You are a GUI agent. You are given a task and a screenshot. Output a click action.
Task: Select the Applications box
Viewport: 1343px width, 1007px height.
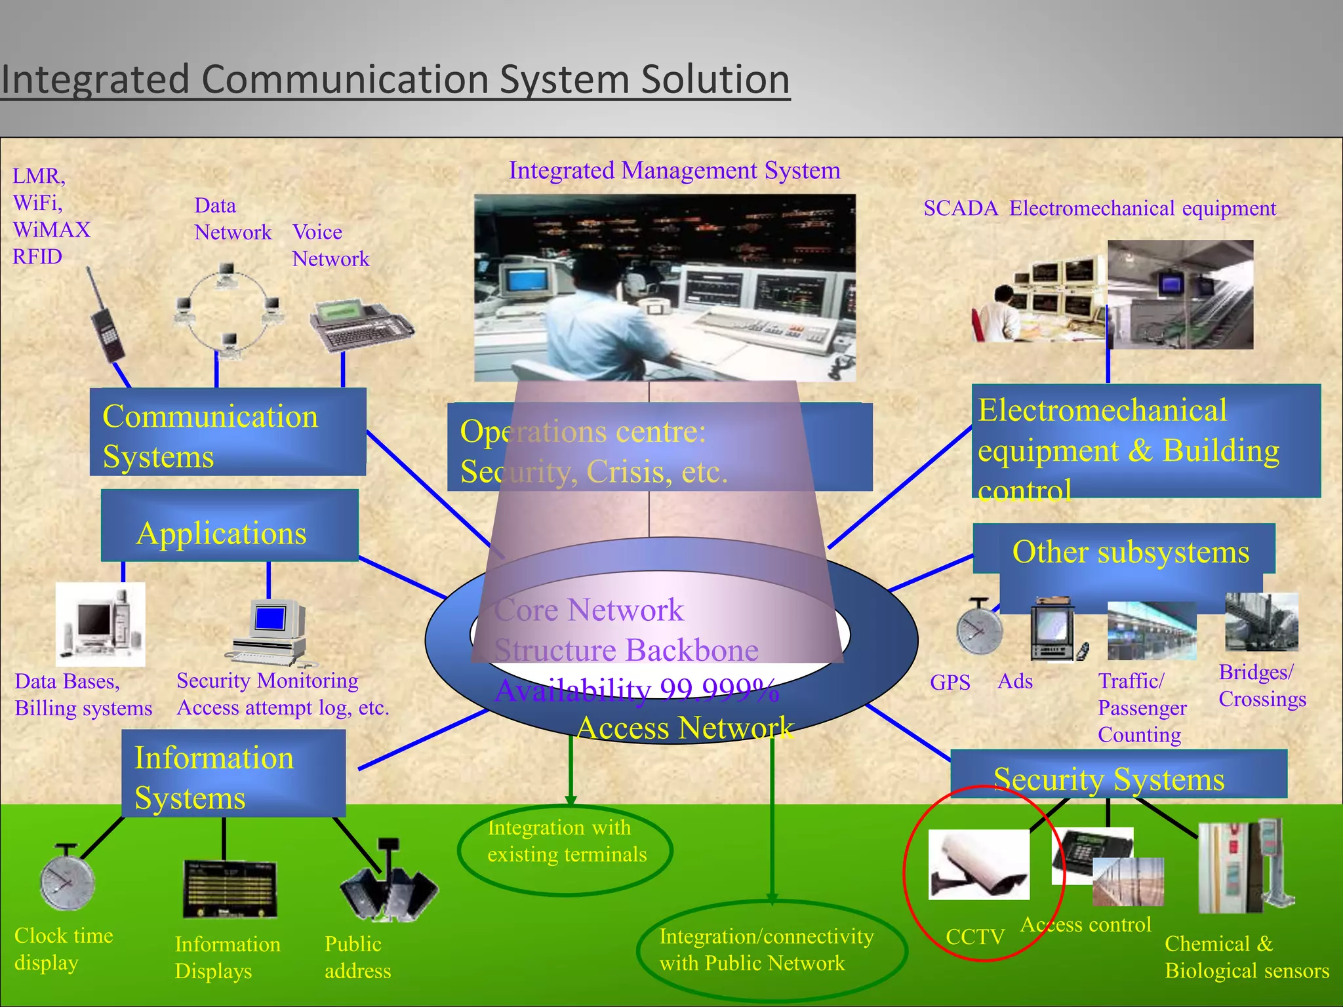230,526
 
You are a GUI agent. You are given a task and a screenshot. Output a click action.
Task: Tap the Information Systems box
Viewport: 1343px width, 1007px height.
233,774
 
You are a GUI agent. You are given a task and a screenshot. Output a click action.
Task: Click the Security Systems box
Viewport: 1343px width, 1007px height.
1118,774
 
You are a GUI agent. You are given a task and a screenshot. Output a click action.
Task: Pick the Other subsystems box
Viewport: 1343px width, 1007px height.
1123,549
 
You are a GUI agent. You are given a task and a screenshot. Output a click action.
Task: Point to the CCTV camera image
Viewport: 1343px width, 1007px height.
978,864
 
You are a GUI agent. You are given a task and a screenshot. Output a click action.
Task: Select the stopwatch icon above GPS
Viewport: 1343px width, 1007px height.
979,628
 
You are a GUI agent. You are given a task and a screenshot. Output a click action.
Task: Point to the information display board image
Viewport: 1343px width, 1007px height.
230,890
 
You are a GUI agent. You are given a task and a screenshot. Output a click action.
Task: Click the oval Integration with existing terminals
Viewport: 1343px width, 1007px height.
565,850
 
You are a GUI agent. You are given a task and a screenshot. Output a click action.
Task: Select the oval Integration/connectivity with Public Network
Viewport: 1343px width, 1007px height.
772,951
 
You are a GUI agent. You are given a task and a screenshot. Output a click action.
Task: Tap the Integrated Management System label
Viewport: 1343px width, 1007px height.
674,170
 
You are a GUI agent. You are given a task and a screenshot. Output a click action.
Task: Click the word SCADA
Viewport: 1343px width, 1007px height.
960,208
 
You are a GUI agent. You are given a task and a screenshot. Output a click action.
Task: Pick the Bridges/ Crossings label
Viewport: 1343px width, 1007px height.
1262,685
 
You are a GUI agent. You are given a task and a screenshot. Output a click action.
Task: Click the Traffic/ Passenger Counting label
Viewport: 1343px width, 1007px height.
1142,707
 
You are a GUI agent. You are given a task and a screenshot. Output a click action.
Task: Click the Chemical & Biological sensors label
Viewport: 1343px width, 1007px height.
1246,957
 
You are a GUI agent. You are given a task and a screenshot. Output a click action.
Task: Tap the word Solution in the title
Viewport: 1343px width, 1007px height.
715,80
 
